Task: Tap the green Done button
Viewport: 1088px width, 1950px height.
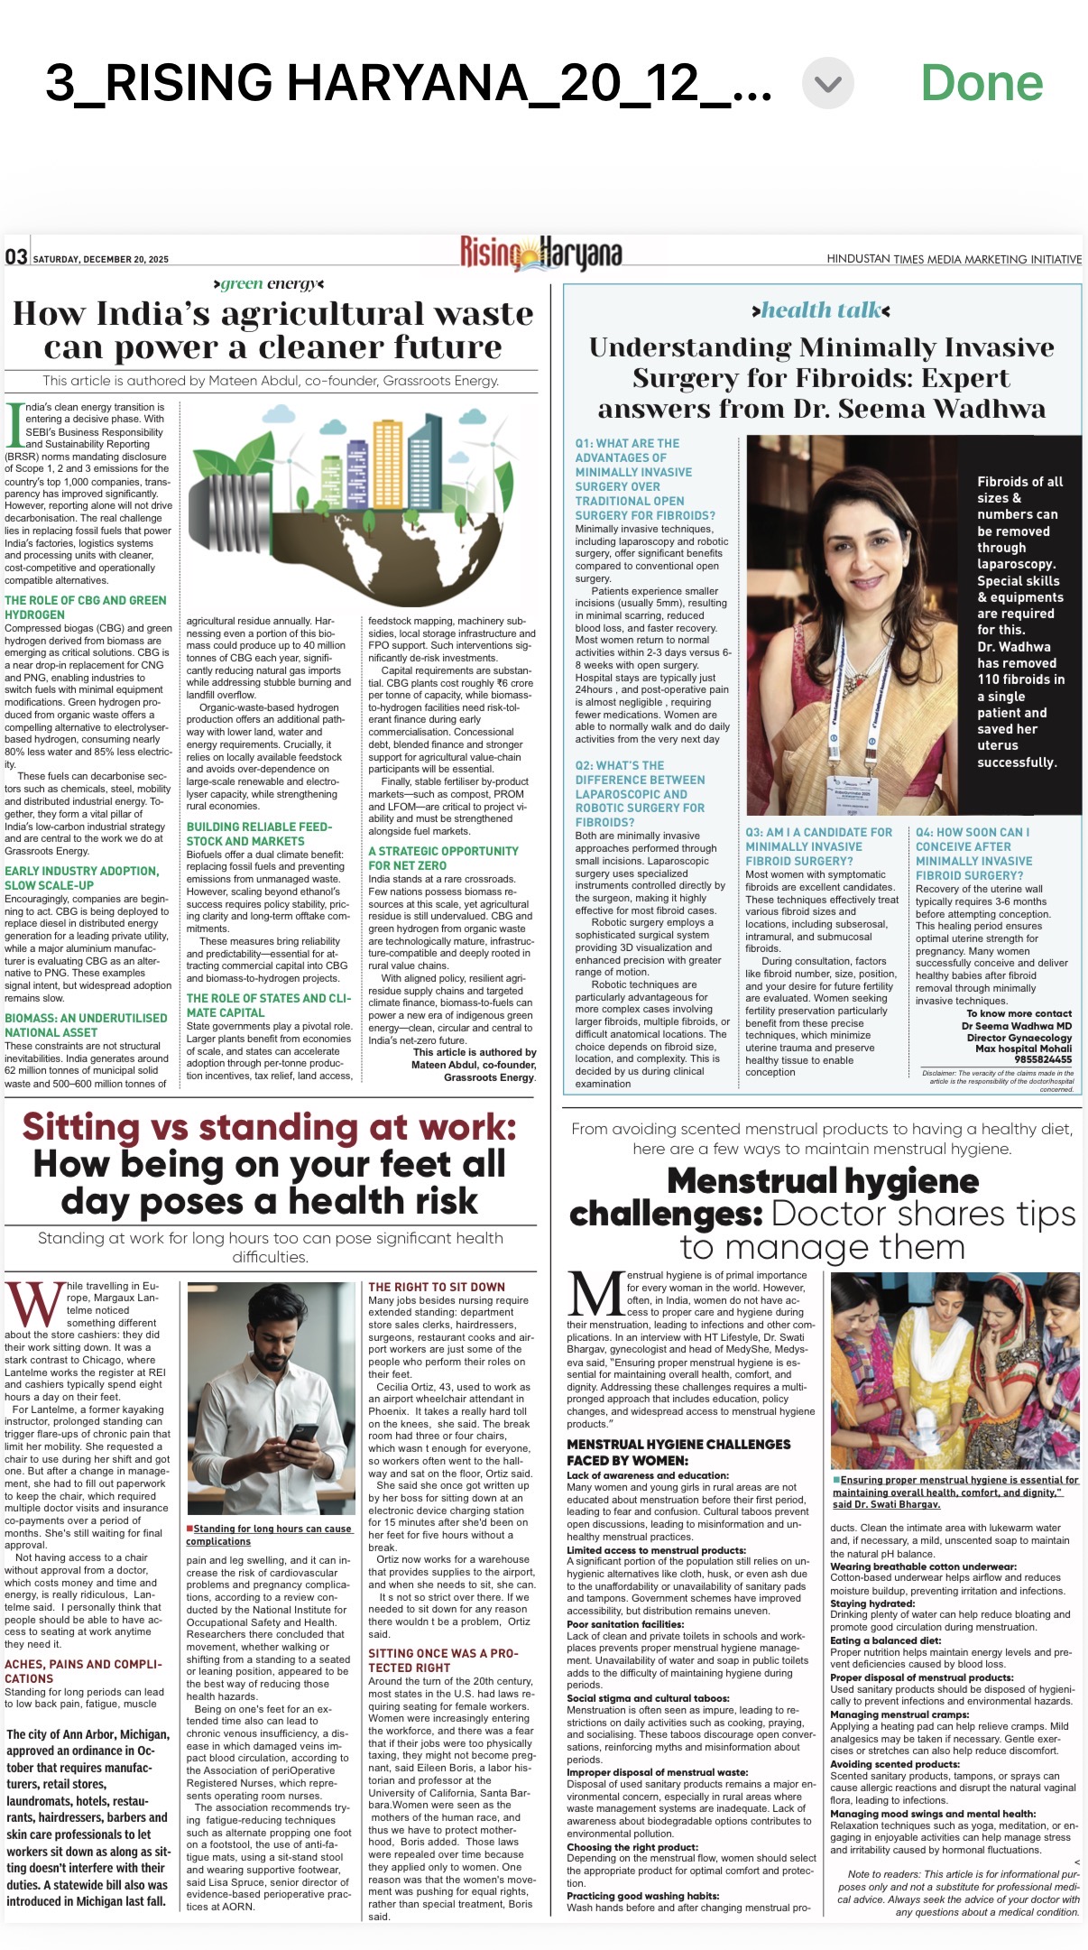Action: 981,83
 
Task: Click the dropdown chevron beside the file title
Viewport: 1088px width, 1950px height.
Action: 827,84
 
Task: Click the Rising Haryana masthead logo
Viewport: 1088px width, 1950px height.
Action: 540,254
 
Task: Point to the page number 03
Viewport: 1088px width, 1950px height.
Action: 16,257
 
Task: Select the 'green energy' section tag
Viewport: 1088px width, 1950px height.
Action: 269,284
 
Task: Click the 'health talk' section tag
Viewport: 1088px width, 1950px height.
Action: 821,310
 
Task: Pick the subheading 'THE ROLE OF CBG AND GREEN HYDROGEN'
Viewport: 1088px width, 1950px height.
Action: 86,607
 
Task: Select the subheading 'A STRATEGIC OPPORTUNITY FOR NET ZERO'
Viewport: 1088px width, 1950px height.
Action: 443,858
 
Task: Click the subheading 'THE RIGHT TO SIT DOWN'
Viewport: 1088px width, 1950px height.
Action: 437,1287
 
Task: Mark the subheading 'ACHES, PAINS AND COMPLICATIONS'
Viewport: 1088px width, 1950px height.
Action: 84,1671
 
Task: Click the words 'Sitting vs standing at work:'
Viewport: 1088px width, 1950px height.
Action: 269,1127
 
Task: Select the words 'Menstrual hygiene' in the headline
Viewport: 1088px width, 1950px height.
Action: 823,1180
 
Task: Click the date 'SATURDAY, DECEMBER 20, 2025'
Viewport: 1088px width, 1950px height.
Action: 101,260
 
